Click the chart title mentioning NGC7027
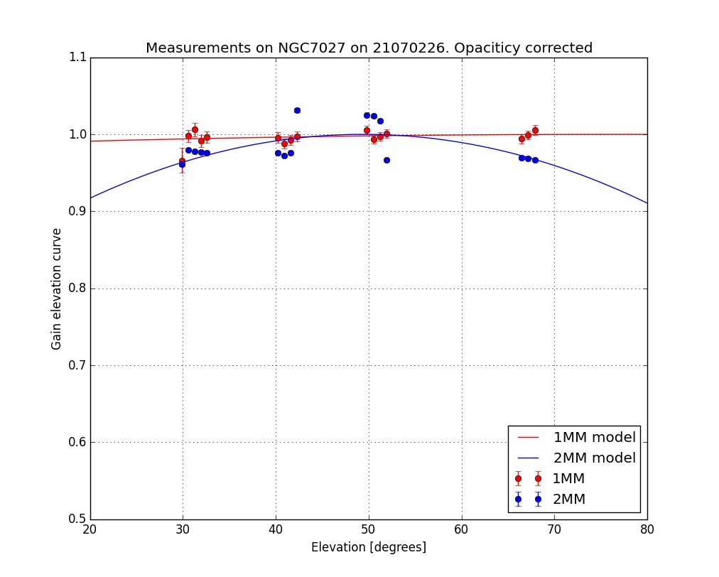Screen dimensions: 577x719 pos(369,48)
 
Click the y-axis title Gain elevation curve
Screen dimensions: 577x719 pos(55,288)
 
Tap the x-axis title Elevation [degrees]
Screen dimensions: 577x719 pos(369,547)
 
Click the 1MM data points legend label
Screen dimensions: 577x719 pos(568,478)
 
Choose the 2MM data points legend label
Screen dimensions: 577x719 pos(568,499)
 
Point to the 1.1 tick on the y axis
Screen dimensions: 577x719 pos(77,58)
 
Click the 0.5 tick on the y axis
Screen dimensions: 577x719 pos(77,519)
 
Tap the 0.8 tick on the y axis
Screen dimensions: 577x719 pos(77,288)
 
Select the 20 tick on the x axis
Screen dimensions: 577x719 pos(90,530)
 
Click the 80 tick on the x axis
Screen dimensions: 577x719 pos(647,530)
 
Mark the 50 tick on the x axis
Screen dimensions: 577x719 pos(369,530)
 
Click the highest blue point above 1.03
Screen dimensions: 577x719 pos(297,110)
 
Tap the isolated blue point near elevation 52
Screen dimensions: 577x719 pos(386,160)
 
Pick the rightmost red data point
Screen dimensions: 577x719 pos(535,130)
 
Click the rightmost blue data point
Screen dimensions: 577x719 pos(535,160)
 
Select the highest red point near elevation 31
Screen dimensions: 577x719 pos(195,129)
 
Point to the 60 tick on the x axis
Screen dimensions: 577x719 pos(462,530)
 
